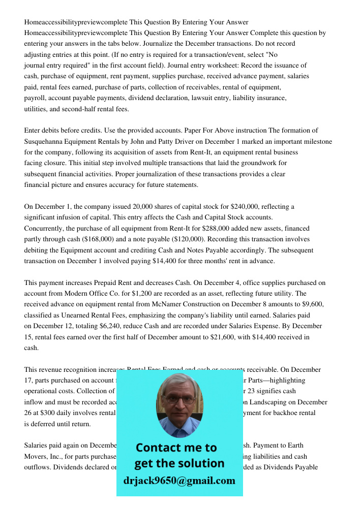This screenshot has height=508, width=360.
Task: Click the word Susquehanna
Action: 48,141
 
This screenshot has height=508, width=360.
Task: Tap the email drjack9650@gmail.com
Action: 179,481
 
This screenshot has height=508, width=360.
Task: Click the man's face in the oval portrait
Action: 179,401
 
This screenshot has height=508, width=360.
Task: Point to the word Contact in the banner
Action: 157,448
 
